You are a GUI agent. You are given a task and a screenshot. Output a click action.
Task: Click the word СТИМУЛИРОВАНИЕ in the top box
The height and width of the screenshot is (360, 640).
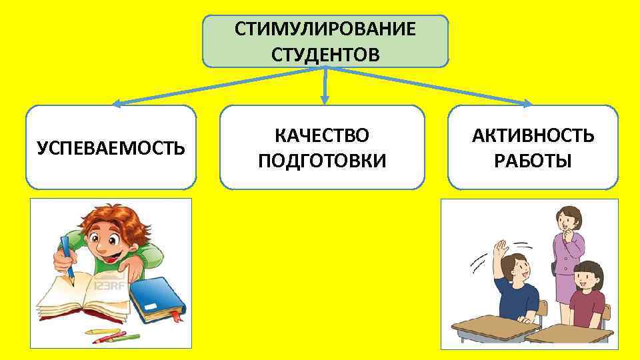point(325,30)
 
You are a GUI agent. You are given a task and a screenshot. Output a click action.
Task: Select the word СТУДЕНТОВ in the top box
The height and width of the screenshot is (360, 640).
point(325,53)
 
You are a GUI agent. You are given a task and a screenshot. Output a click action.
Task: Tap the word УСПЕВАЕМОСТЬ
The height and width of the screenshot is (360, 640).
point(111,147)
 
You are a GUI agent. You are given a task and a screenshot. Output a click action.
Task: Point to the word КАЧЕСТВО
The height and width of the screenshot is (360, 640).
point(322,136)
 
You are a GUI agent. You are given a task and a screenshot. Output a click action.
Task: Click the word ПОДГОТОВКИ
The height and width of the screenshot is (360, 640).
point(322,160)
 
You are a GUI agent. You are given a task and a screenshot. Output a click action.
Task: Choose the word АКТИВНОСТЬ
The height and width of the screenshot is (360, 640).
point(533,136)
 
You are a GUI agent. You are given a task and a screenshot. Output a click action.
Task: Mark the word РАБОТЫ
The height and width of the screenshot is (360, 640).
point(533,160)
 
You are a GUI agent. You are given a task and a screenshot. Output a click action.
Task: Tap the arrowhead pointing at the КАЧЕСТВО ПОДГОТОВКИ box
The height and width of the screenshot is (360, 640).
point(325,100)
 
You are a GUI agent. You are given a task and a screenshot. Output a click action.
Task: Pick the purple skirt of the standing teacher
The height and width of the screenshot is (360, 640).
point(565,287)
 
